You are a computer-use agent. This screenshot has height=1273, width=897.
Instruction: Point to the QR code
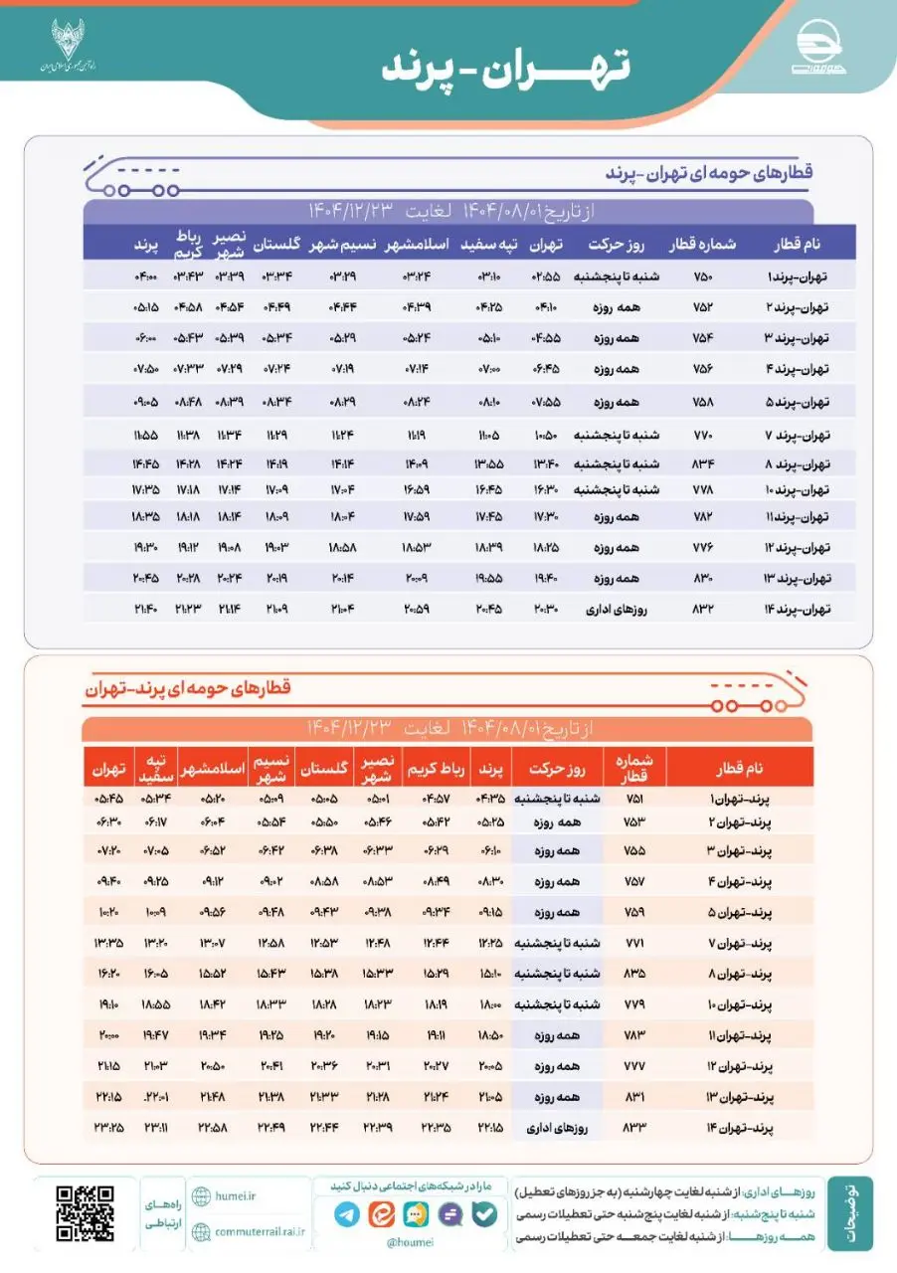pyautogui.click(x=85, y=1213)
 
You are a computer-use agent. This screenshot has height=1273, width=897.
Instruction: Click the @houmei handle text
pyautogui.click(x=408, y=1242)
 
